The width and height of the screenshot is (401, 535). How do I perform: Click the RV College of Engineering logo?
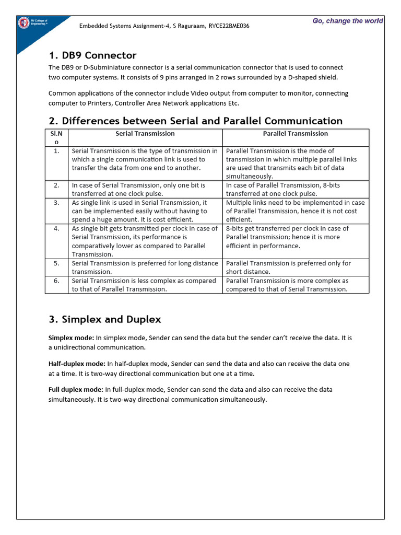pyautogui.click(x=24, y=22)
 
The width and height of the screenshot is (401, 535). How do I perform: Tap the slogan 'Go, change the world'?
pyautogui.click(x=348, y=21)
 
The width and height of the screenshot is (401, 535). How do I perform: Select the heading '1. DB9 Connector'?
pyautogui.click(x=92, y=55)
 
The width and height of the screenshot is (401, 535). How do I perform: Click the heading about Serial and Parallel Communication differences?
pyautogui.click(x=195, y=121)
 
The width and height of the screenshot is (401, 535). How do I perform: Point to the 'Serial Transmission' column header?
pyautogui.click(x=145, y=134)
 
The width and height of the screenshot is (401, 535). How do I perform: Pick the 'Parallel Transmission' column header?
pyautogui.click(x=296, y=134)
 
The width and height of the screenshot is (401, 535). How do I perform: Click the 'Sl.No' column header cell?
pyautogui.click(x=56, y=138)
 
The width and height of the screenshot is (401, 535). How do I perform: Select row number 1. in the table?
pyautogui.click(x=56, y=151)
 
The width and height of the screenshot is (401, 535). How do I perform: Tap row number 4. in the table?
pyautogui.click(x=56, y=229)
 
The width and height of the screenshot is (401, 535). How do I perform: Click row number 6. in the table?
pyautogui.click(x=56, y=281)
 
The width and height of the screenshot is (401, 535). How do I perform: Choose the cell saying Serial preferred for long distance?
pyautogui.click(x=145, y=267)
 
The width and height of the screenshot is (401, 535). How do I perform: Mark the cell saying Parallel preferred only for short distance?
pyautogui.click(x=288, y=267)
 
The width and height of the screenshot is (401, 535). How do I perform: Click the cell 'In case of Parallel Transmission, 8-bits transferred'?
pyautogui.click(x=282, y=189)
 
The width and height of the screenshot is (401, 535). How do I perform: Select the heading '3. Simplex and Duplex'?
pyautogui.click(x=104, y=319)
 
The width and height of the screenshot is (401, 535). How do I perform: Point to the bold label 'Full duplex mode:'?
pyautogui.click(x=76, y=390)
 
